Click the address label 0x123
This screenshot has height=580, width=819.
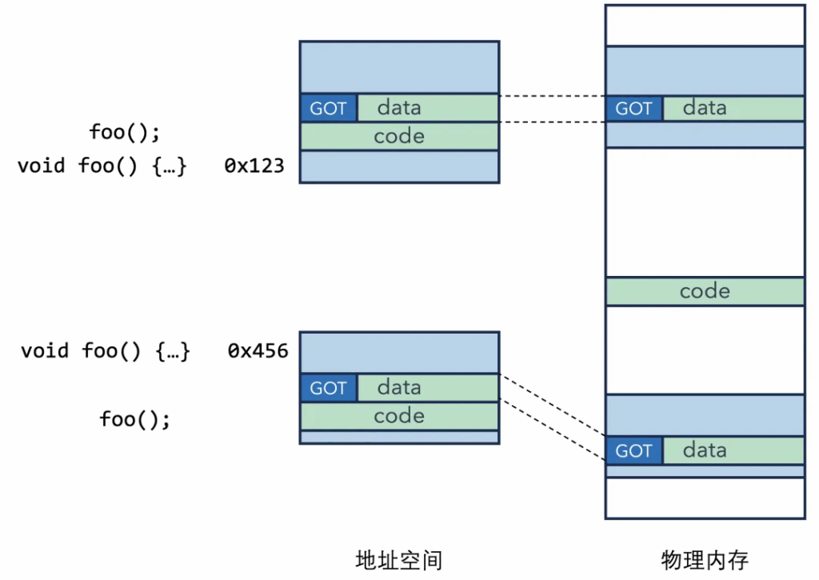click(254, 166)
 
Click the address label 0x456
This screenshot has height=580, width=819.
click(258, 350)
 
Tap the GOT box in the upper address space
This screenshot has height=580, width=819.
click(329, 108)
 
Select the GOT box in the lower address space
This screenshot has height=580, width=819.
click(329, 388)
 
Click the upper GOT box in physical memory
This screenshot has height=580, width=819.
click(634, 108)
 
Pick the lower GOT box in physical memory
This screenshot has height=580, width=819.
click(634, 450)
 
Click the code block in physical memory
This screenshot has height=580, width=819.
click(705, 291)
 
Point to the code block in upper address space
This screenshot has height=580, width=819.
click(400, 136)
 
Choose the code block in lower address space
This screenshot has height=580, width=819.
click(400, 416)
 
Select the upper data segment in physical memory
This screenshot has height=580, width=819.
click(733, 108)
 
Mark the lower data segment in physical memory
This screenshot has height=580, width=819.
click(733, 450)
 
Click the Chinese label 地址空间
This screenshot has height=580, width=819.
click(399, 561)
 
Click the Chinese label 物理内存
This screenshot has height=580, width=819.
click(705, 561)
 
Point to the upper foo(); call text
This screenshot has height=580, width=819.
click(125, 132)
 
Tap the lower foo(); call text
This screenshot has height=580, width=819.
click(134, 419)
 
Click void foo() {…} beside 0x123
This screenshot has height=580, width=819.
click(102, 166)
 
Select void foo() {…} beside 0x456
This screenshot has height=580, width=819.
click(105, 351)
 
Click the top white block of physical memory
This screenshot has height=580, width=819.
click(705, 26)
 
